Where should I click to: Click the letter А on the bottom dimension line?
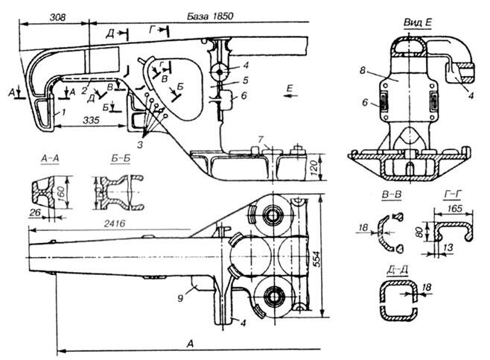[x=192, y=342]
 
